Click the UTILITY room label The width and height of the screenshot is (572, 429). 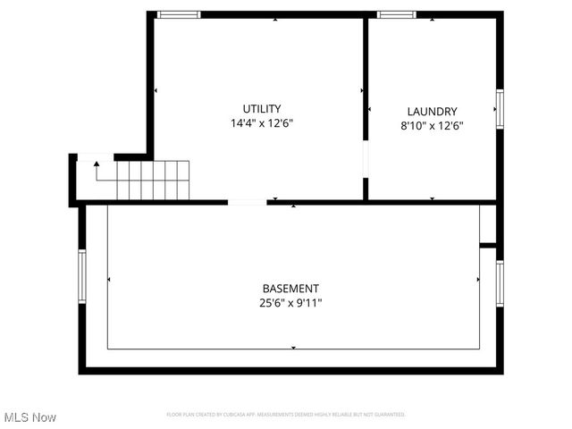[262, 108]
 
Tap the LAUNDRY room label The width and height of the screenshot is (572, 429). [432, 112]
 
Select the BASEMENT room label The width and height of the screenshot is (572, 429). [290, 288]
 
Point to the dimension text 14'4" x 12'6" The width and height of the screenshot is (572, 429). [262, 123]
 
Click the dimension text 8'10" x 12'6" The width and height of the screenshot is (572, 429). [432, 126]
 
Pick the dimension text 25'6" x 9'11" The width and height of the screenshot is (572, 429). [290, 303]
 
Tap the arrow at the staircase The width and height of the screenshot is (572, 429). [97, 166]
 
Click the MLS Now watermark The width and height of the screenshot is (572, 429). [30, 417]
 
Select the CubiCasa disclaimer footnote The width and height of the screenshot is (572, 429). [286, 415]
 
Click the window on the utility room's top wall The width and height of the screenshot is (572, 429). [179, 14]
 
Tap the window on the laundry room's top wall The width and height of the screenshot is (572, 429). [396, 14]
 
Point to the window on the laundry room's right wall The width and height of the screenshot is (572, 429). [500, 108]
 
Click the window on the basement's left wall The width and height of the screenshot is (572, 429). [81, 276]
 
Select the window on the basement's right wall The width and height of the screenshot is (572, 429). [500, 282]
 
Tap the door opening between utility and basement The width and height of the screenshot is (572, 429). [248, 203]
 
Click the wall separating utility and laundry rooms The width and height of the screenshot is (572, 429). [366, 80]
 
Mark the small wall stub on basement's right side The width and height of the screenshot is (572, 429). [487, 244]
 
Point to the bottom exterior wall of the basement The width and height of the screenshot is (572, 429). [290, 369]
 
